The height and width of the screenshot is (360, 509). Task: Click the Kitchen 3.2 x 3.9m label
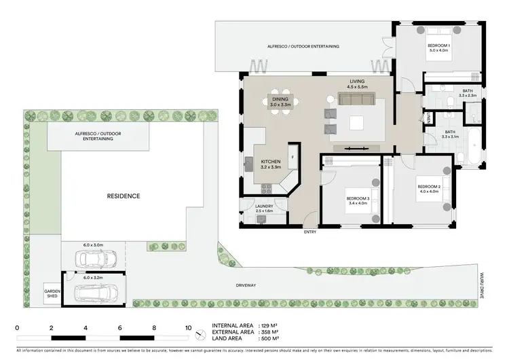coord(271,164)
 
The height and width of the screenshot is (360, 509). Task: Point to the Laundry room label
coord(263,208)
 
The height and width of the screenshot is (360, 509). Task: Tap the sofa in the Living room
coord(358,100)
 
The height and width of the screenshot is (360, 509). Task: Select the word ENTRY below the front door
coord(311,232)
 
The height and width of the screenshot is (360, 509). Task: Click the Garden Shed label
coord(52,293)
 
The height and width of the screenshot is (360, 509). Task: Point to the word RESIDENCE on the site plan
coord(124,196)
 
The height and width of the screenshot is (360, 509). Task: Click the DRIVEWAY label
coord(246,285)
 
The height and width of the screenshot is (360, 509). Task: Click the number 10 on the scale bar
coord(188,327)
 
